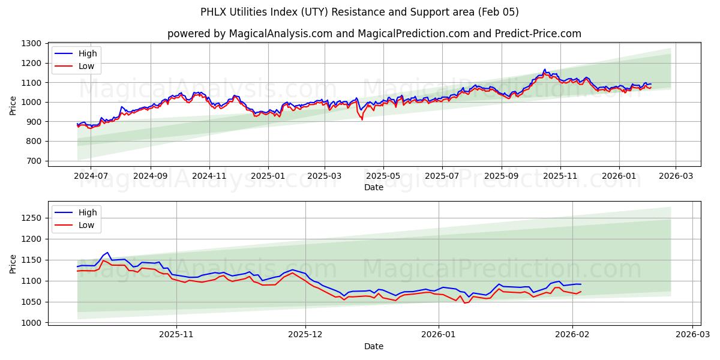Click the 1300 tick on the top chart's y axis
pyautogui.click(x=31, y=43)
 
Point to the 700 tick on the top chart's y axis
pyautogui.click(x=34, y=161)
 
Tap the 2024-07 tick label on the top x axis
pyautogui.click(x=91, y=176)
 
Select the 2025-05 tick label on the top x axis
pyautogui.click(x=383, y=176)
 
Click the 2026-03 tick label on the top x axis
pyautogui.click(x=676, y=176)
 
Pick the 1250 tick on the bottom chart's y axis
pyautogui.click(x=31, y=218)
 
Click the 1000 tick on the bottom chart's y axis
pyautogui.click(x=31, y=323)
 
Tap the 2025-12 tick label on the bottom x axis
pyautogui.click(x=305, y=335)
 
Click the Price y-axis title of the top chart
pyautogui.click(x=13, y=104)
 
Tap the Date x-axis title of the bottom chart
pyautogui.click(x=373, y=346)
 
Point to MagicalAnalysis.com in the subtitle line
pyautogui.click(x=280, y=34)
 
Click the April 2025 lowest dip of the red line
pyautogui.click(x=362, y=119)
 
